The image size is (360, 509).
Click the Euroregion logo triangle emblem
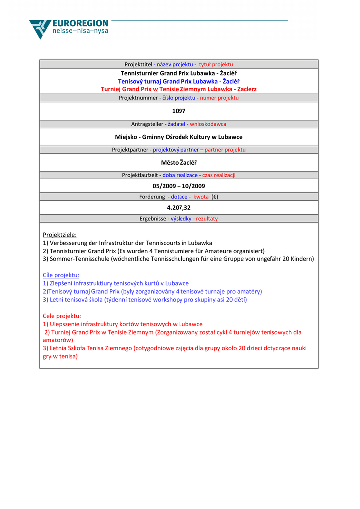tap(40, 28)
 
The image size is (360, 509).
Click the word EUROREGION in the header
tap(80, 23)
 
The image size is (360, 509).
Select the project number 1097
tap(179, 111)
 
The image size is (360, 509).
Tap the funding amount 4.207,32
tap(179, 208)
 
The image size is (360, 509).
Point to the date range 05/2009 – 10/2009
tap(179, 186)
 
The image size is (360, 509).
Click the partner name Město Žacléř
tap(179, 162)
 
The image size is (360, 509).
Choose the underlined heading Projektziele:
tap(60, 235)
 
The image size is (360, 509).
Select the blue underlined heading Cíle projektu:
tap(61, 275)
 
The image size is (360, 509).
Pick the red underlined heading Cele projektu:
tap(62, 316)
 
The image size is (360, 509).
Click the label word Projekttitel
tap(138, 65)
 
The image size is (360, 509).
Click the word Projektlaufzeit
tap(140, 175)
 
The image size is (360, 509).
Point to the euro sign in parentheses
tap(215, 197)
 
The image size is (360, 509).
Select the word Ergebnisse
tap(153, 219)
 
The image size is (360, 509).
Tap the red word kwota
tap(201, 197)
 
